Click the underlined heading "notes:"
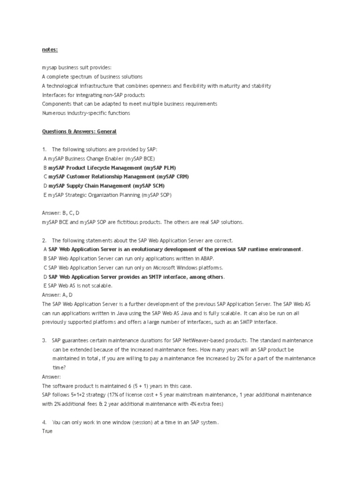click(x=49, y=48)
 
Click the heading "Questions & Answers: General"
click(x=79, y=132)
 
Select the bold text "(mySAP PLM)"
click(x=160, y=167)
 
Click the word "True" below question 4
click(x=47, y=431)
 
